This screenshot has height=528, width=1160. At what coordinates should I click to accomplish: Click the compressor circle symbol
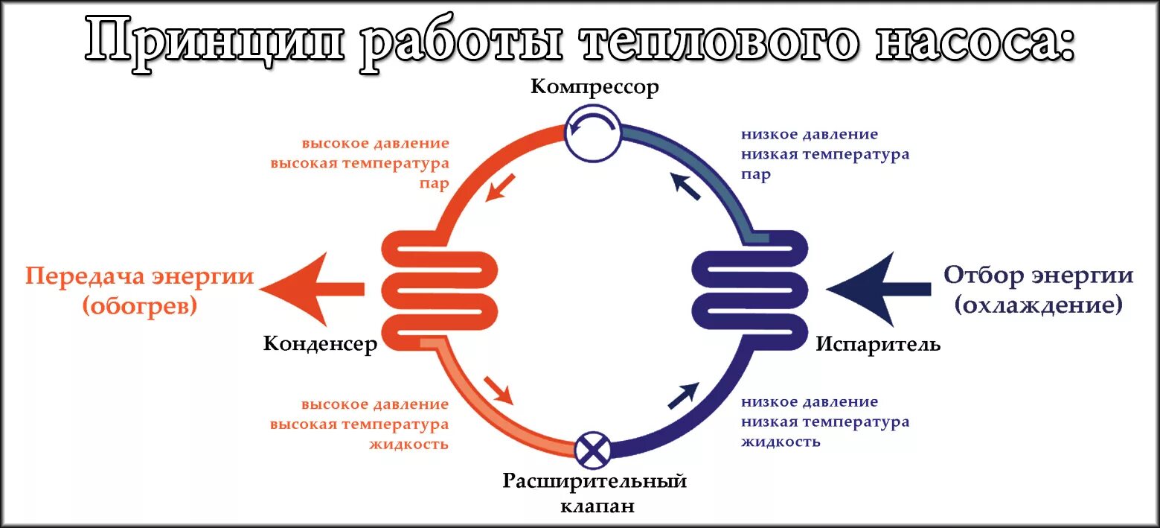(592, 132)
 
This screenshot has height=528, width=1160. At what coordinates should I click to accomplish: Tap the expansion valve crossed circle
(593, 450)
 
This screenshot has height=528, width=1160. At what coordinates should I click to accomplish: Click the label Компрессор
(595, 87)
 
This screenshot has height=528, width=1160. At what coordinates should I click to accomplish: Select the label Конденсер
(320, 344)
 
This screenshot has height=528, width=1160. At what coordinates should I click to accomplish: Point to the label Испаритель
(878, 344)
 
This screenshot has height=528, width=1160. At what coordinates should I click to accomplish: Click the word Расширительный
(595, 481)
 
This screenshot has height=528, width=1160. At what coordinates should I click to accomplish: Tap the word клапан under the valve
(597, 506)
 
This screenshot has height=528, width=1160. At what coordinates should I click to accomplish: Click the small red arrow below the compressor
(500, 187)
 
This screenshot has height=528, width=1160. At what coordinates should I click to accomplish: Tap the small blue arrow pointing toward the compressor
(686, 186)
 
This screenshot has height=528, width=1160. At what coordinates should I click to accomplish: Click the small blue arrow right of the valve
(683, 395)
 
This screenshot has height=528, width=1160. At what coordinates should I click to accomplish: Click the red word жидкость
(408, 445)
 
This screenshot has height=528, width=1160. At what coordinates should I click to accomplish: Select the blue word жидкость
(781, 441)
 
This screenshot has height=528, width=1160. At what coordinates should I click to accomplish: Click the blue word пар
(755, 174)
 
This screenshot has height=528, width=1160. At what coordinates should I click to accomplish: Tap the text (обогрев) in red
(141, 306)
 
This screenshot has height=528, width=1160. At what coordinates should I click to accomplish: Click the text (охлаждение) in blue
(1039, 305)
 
